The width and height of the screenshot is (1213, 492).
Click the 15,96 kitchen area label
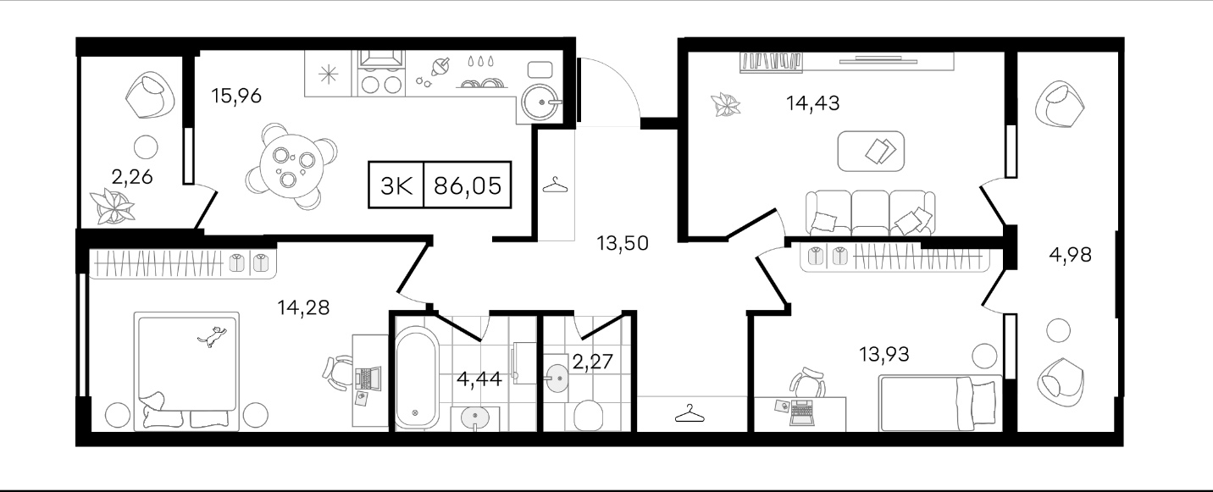click(236, 96)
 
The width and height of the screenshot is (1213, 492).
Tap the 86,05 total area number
click(468, 185)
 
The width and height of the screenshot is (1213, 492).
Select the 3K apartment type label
click(396, 185)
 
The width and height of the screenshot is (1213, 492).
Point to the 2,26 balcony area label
click(132, 176)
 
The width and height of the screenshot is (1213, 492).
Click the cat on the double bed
click(213, 335)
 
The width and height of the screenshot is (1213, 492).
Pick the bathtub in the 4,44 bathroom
click(417, 377)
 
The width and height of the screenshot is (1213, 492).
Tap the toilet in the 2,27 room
click(587, 415)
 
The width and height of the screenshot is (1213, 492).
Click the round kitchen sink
click(540, 102)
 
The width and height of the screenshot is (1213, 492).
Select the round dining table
click(291, 166)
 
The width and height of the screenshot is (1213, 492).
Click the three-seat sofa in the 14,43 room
click(870, 213)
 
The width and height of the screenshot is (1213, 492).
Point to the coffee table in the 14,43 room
click(871, 151)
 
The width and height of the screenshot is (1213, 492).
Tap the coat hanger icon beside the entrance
click(555, 185)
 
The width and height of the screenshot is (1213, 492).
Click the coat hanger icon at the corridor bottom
click(690, 413)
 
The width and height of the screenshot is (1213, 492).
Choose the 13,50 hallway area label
click(623, 244)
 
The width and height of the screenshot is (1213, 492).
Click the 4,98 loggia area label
click(1070, 254)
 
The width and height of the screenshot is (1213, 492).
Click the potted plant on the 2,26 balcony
click(113, 207)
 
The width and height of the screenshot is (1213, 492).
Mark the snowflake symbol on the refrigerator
click(328, 75)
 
